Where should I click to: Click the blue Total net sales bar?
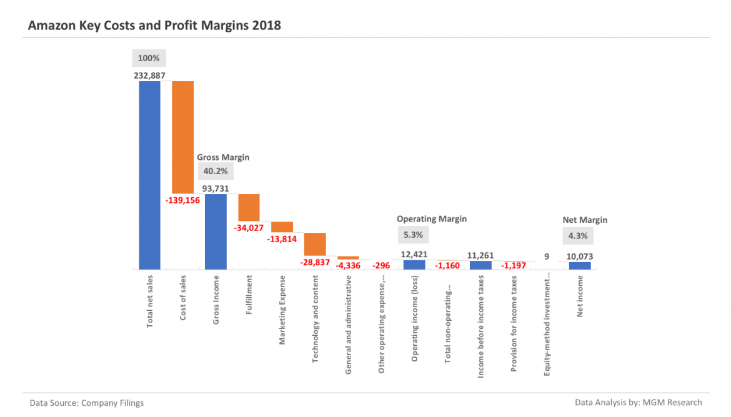150,175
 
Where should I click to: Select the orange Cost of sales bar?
183,137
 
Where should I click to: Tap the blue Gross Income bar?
216,232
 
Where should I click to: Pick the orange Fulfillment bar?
249,207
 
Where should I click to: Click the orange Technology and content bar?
315,243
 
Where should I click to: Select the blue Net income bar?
580,266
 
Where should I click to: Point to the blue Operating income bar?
414,265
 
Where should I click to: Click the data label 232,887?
150,75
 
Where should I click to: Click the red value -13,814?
282,239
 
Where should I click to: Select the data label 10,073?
580,256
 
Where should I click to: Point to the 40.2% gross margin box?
213,171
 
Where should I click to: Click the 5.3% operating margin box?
413,235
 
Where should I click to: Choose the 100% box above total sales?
149,59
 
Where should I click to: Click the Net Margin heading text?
585,220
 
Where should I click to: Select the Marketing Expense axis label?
282,310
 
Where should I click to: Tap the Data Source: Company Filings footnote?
87,403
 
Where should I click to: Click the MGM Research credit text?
639,403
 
